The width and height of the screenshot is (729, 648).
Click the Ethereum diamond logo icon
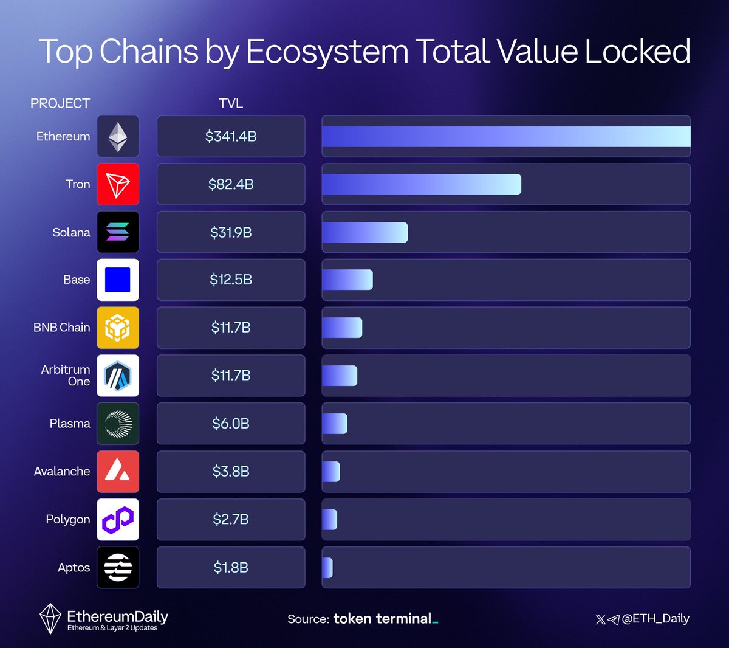click(x=118, y=137)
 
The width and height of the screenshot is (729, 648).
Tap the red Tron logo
click(x=118, y=184)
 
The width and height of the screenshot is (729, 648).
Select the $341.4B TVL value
click(x=231, y=137)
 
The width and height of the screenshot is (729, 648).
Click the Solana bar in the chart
click(x=364, y=232)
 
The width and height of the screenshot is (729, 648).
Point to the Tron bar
click(x=421, y=184)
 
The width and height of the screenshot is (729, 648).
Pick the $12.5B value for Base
click(x=231, y=280)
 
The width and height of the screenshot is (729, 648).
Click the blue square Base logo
click(x=118, y=280)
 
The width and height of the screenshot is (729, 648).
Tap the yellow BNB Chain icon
click(x=118, y=328)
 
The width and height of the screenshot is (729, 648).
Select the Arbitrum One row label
click(x=66, y=375)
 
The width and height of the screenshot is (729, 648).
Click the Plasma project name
click(x=70, y=424)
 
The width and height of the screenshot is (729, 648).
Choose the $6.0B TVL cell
click(x=231, y=424)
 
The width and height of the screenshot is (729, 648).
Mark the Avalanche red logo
click(x=118, y=471)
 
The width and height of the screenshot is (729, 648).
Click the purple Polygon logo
click(x=118, y=519)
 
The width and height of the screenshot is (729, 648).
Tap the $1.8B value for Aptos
click(x=231, y=567)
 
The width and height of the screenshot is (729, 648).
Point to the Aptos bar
click(x=327, y=567)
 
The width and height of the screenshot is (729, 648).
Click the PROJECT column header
click(x=60, y=103)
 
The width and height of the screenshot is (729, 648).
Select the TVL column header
click(x=231, y=103)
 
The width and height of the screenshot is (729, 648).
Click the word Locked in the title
click(x=637, y=52)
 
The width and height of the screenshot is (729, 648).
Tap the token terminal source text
click(x=384, y=619)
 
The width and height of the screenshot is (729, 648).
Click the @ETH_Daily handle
click(x=655, y=619)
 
